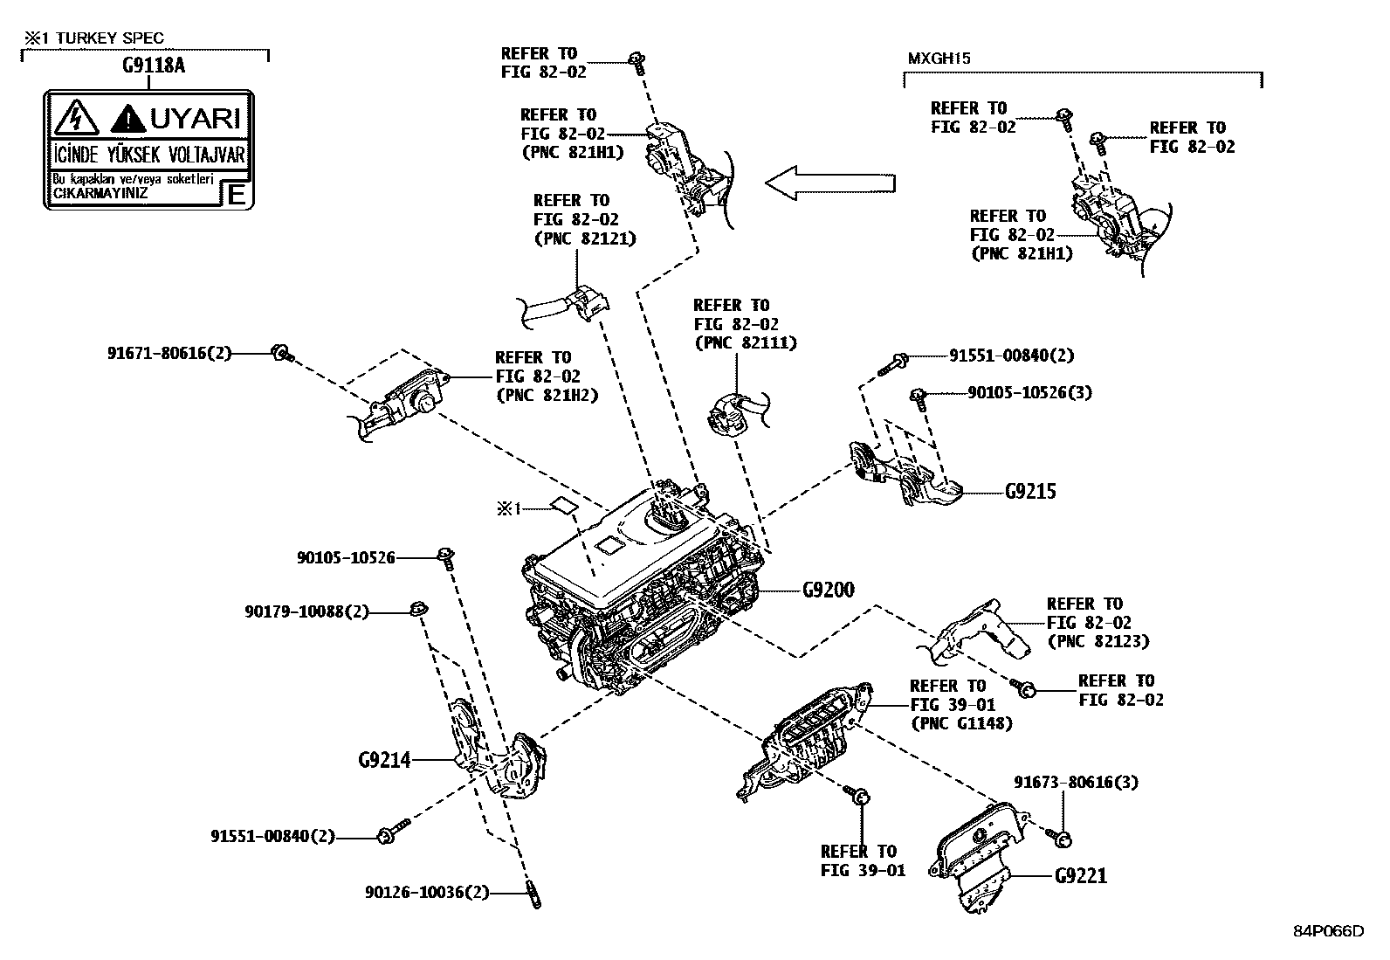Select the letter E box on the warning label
point(236,194)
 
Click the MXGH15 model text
point(939,59)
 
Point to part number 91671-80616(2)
point(169,354)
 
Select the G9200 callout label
point(828,591)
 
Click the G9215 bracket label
point(1029,492)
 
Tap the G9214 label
point(384,760)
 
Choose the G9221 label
point(1080,875)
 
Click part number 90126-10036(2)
point(427,893)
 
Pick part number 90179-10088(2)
point(306,612)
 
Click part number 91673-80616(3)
point(1076,782)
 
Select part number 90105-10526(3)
point(1029,392)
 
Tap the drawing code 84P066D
point(1328,930)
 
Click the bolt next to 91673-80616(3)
point(1063,839)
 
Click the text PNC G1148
point(961,723)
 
